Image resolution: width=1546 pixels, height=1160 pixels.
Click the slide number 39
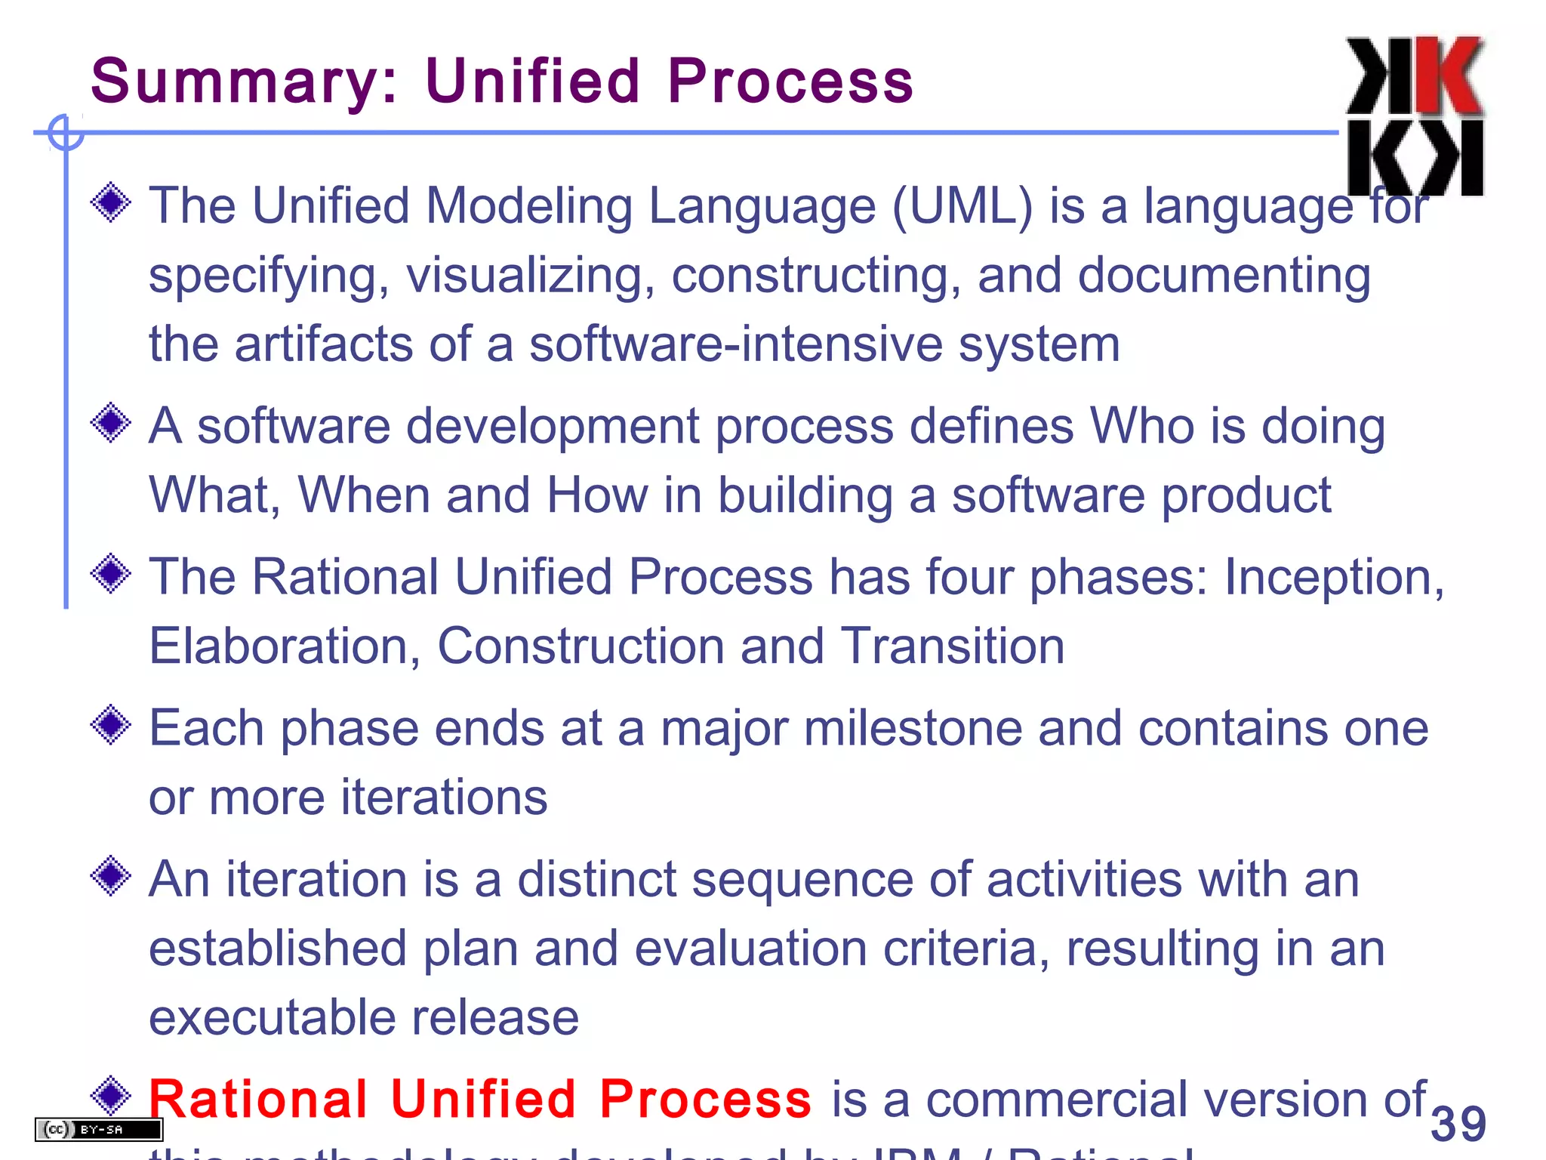[1458, 1124]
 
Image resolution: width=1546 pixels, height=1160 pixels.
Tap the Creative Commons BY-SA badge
[99, 1130]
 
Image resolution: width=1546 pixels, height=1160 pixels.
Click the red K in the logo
[1448, 76]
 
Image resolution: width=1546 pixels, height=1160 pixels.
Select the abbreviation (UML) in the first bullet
[962, 206]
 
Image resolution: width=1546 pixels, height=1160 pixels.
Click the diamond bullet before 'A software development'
[111, 423]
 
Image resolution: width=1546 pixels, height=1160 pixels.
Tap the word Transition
[952, 647]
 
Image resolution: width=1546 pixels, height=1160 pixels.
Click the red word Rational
[257, 1100]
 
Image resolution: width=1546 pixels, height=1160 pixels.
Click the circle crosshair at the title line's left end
[66, 133]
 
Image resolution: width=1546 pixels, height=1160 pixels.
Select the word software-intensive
[735, 345]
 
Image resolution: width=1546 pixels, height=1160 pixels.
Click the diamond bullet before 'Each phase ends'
[111, 725]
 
